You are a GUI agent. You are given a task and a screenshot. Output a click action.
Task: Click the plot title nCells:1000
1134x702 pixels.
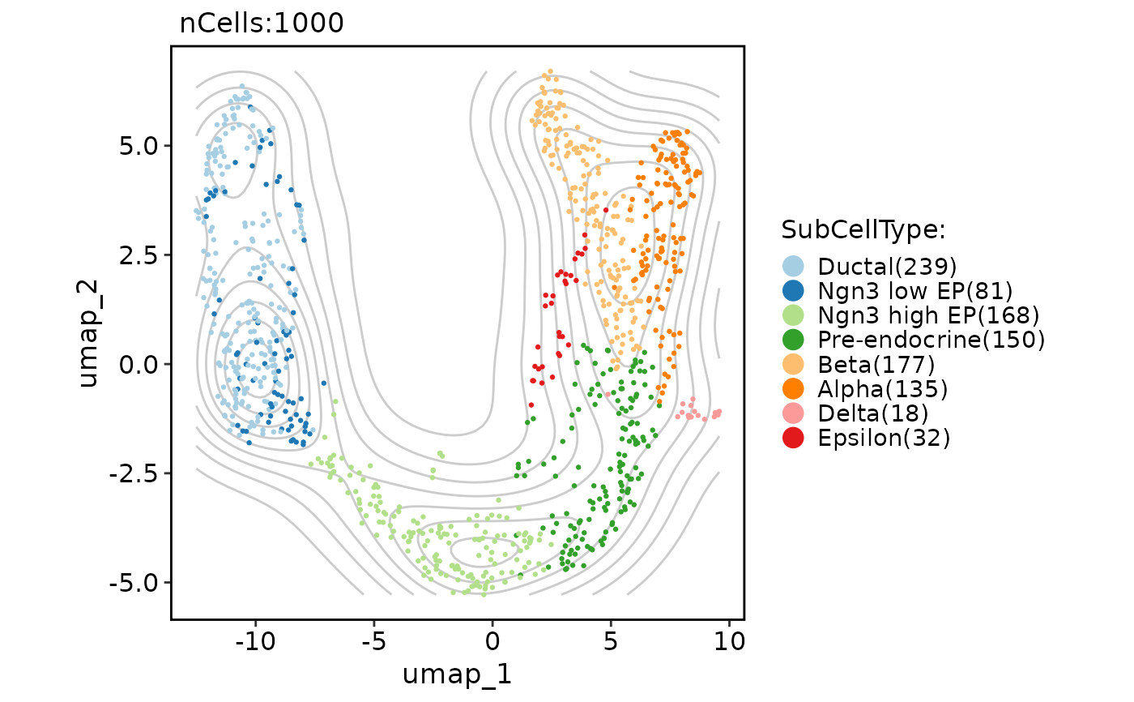pyautogui.click(x=262, y=24)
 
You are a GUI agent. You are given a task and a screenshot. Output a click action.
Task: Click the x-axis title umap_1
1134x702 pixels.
pyautogui.click(x=457, y=674)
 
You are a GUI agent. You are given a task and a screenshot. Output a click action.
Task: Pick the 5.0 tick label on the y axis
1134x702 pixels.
pyautogui.click(x=135, y=146)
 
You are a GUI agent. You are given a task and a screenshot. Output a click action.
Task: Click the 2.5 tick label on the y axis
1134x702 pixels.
pyautogui.click(x=135, y=255)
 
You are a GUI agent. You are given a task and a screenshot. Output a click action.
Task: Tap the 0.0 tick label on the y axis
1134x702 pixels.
pyautogui.click(x=135, y=364)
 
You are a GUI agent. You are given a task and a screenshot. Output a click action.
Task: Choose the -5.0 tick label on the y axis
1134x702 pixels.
pyautogui.click(x=130, y=582)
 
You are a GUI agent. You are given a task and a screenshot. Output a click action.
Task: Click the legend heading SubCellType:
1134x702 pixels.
pyautogui.click(x=863, y=230)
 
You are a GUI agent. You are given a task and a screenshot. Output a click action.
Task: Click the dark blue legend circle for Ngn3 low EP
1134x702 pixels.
pyautogui.click(x=794, y=289)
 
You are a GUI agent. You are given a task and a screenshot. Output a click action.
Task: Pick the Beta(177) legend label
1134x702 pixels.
pyautogui.click(x=876, y=365)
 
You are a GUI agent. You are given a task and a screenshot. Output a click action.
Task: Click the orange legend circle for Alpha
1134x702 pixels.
pyautogui.click(x=794, y=389)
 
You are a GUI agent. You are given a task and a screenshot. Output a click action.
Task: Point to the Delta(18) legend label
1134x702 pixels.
pyautogui.click(x=873, y=413)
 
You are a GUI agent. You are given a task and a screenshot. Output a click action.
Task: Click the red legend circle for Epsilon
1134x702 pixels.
pyautogui.click(x=794, y=438)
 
